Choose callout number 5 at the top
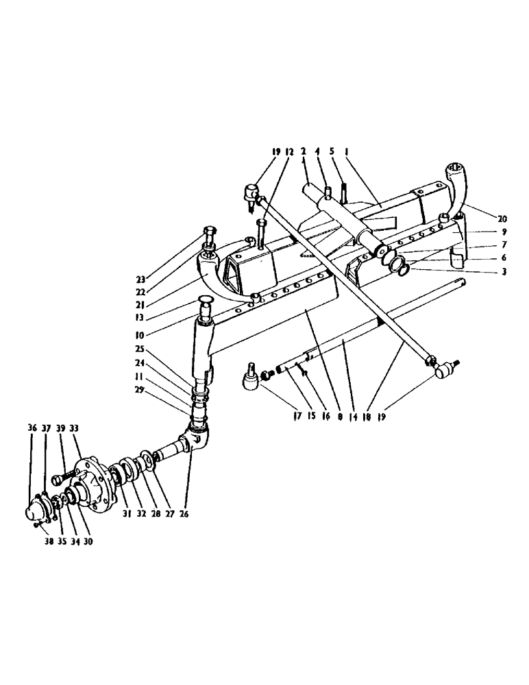tap(333, 151)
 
